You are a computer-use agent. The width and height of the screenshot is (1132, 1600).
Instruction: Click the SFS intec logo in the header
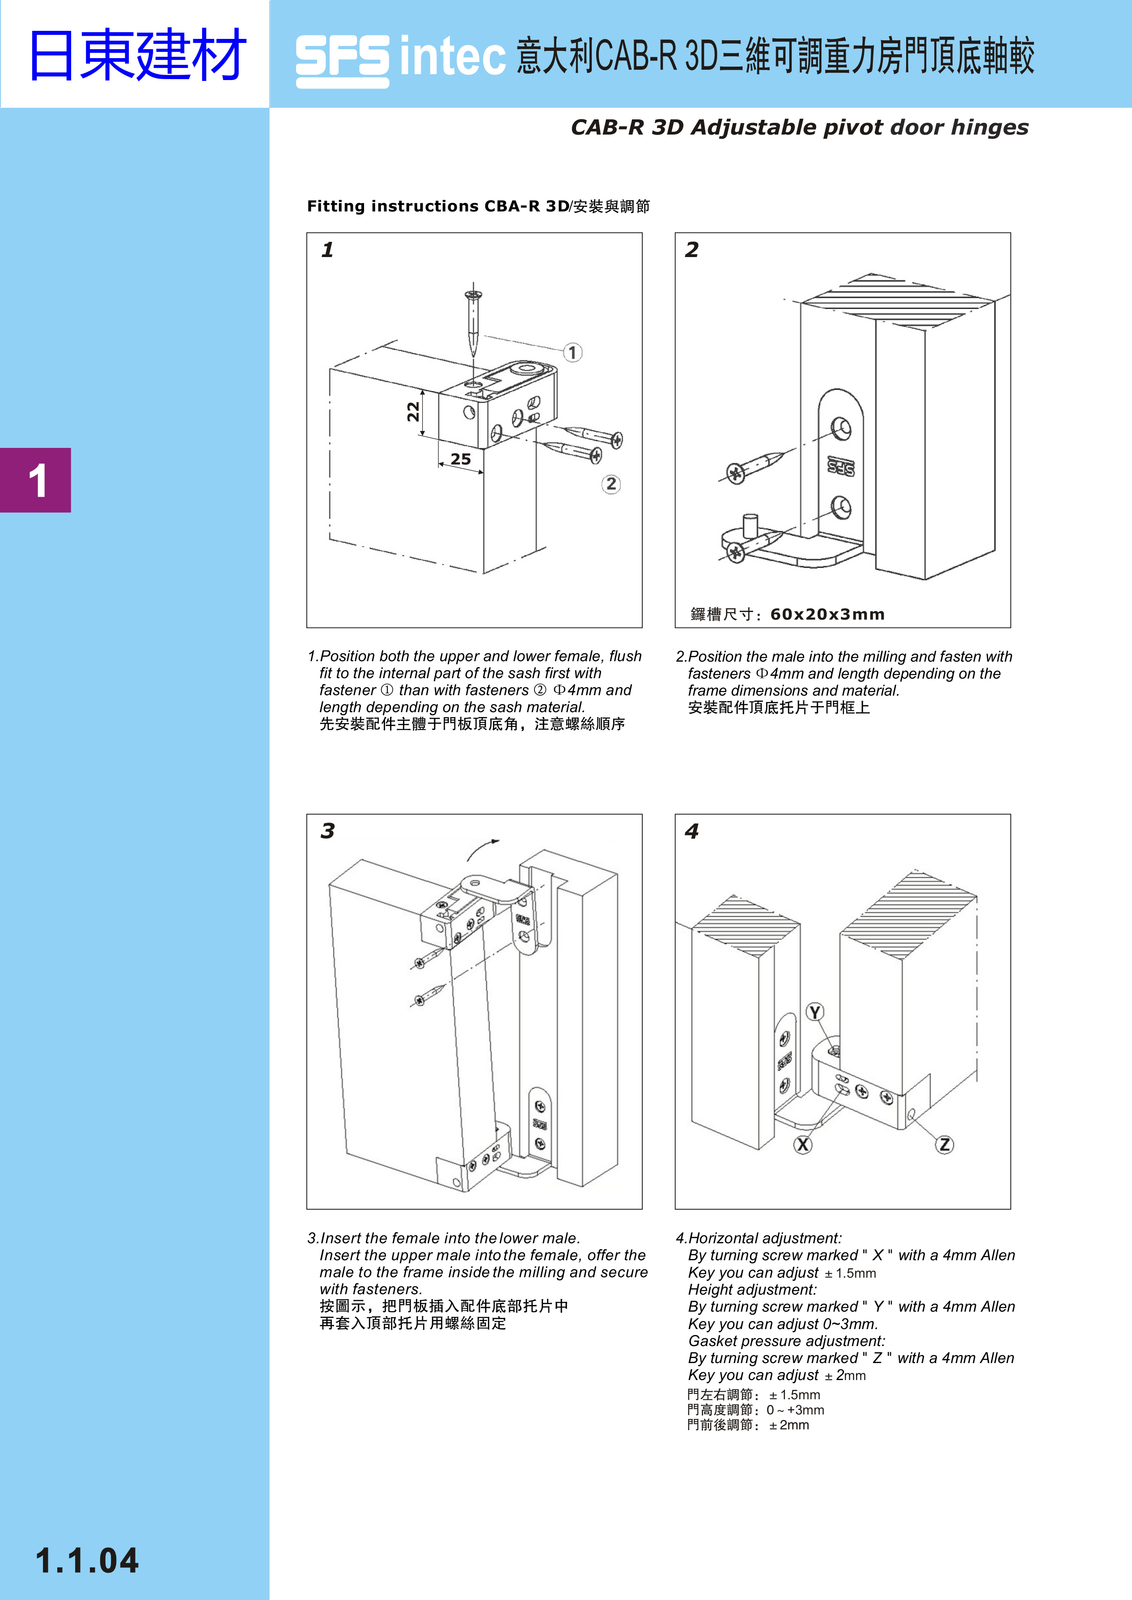[400, 59]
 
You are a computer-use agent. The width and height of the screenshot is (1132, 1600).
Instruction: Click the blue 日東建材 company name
[137, 55]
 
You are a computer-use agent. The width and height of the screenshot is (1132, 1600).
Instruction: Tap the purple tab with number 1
[35, 480]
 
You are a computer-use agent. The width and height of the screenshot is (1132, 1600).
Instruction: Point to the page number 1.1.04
[87, 1560]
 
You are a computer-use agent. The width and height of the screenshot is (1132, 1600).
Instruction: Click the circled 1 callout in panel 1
[572, 353]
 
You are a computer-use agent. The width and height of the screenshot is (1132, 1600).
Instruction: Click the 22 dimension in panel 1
[413, 411]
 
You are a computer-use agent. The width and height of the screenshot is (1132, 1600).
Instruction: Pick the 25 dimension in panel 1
[460, 459]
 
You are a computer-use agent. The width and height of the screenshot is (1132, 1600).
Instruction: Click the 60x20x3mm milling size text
[827, 614]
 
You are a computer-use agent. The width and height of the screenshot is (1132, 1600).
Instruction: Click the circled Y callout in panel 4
[815, 1012]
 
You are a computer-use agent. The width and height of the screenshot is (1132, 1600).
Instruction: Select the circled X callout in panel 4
[803, 1144]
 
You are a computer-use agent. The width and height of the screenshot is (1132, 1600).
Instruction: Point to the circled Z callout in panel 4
[945, 1144]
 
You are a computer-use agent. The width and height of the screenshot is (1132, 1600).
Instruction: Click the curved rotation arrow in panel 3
[481, 849]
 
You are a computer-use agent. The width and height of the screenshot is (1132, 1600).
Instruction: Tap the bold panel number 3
[327, 831]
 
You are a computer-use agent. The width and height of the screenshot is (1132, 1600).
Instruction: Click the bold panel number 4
[691, 831]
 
